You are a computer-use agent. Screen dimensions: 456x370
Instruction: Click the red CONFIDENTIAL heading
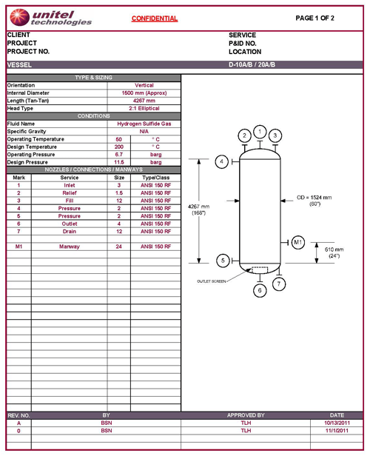pos(155,19)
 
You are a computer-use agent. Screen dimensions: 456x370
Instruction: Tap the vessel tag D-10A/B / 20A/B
pos(259,65)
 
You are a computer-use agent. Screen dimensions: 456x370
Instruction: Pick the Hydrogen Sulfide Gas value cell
pos(144,124)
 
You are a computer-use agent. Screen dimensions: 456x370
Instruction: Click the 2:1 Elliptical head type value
pos(144,108)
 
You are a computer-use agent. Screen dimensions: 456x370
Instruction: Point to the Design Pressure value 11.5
pos(119,162)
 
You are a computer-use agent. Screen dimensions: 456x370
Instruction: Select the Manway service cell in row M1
pos(70,246)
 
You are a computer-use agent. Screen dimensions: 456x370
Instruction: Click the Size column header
pos(119,178)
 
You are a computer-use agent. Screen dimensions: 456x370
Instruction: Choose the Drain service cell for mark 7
pos(70,231)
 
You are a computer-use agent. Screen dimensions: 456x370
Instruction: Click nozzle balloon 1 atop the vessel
pos(260,131)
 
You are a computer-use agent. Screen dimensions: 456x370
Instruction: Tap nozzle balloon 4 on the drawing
pos(221,161)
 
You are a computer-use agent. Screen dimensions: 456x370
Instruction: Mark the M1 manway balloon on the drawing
pos(298,242)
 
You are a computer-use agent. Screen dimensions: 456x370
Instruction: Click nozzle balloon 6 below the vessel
pos(259,291)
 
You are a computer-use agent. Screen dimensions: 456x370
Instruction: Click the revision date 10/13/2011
pos(337,423)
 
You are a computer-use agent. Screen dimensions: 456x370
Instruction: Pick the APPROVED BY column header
pos(246,415)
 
